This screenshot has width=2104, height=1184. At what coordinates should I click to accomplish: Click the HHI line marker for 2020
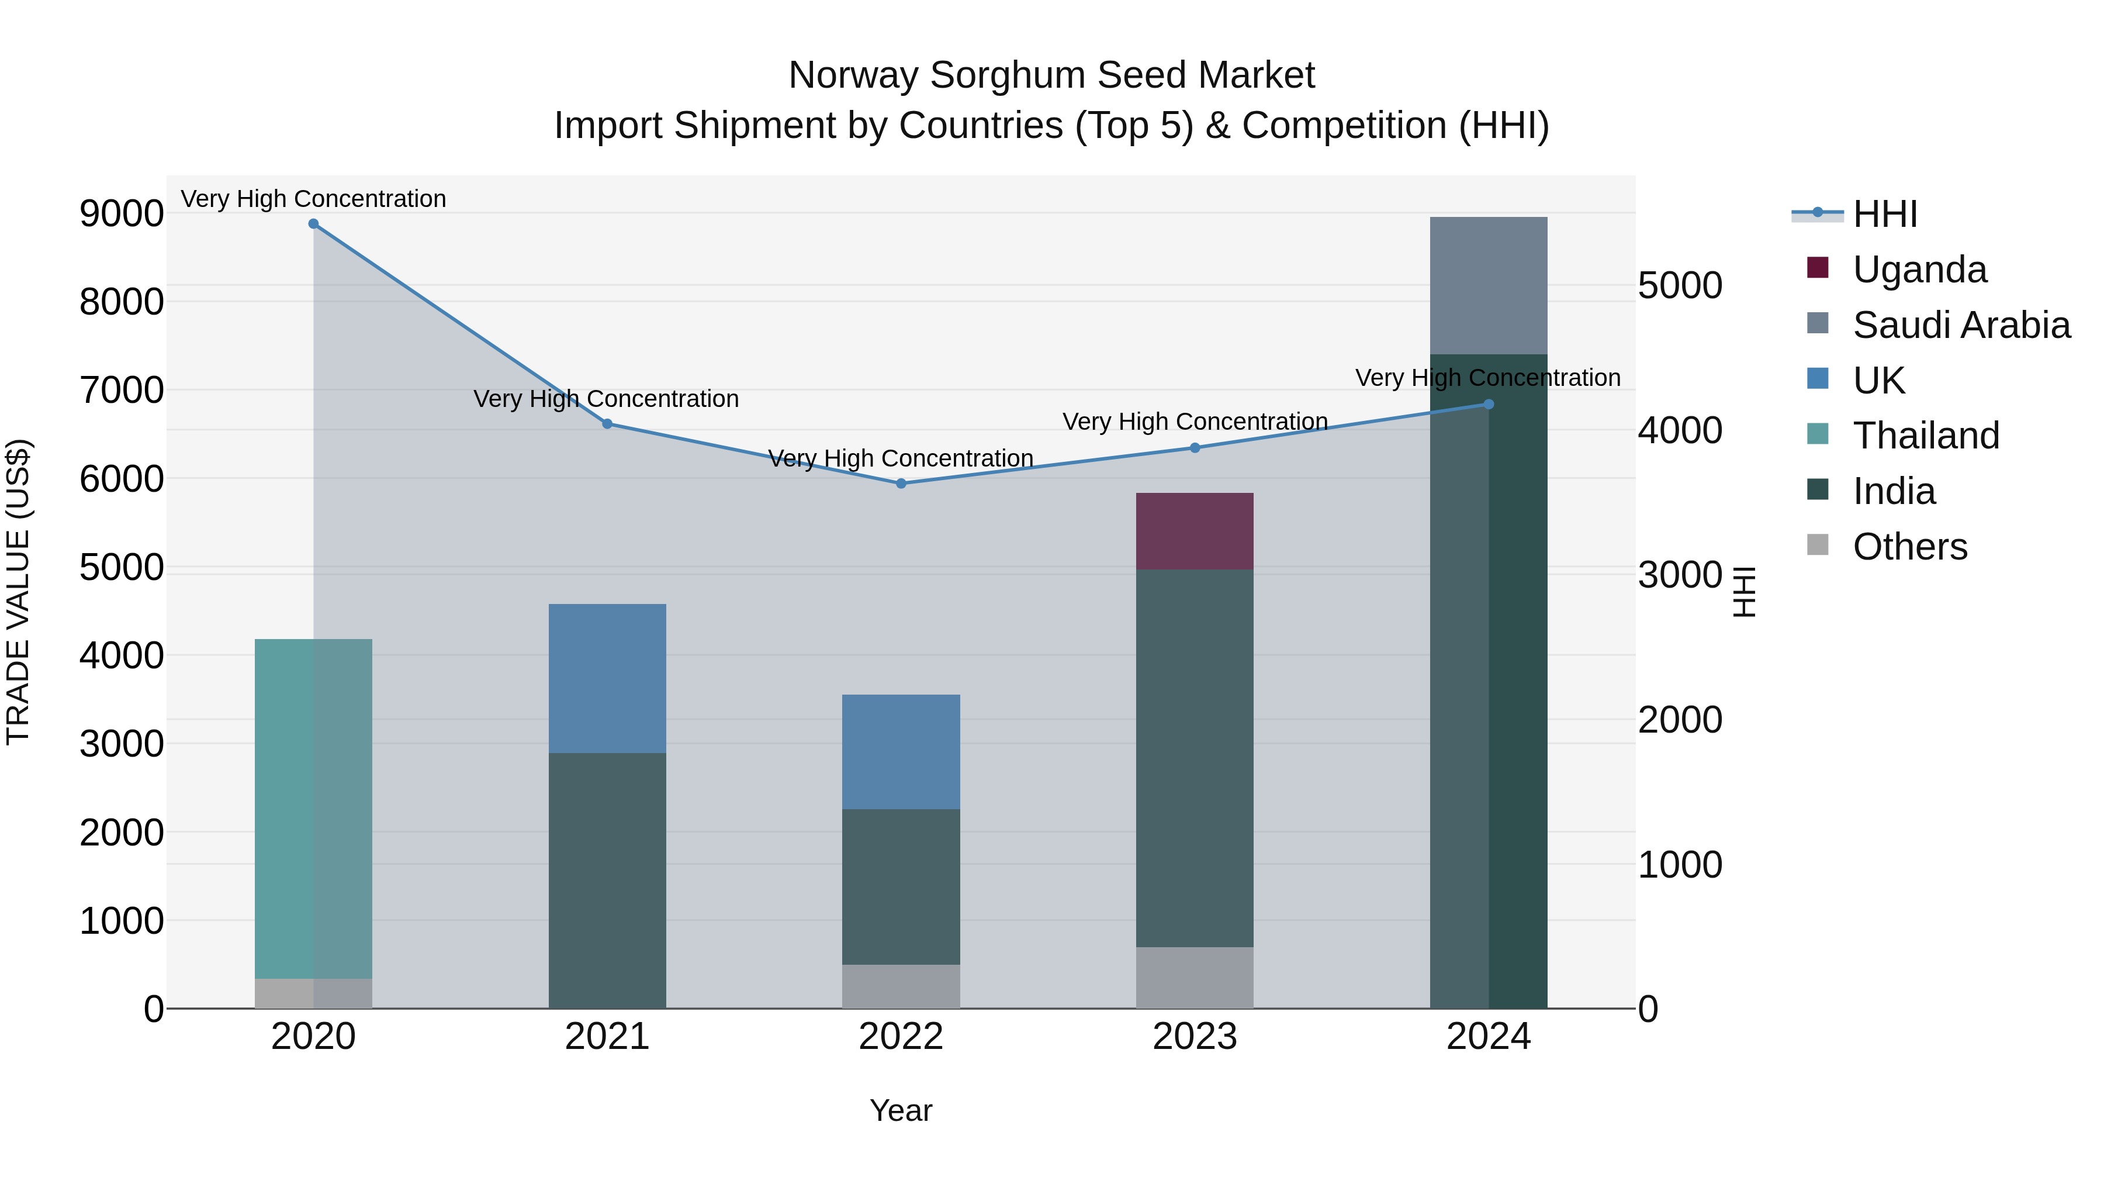[314, 224]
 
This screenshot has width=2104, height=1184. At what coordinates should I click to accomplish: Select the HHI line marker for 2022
[901, 484]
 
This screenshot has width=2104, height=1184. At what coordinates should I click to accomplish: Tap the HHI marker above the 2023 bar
[1195, 448]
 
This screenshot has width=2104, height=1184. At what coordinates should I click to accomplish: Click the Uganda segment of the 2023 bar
[1195, 531]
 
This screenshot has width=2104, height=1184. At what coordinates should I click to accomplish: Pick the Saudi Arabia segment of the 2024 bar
[1488, 285]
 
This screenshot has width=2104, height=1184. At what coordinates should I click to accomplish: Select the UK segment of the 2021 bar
[607, 678]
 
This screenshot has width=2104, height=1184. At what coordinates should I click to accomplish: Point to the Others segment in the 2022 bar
[901, 986]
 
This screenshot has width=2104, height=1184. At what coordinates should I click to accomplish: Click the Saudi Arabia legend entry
[1961, 325]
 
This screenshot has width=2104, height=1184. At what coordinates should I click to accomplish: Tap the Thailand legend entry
[1926, 436]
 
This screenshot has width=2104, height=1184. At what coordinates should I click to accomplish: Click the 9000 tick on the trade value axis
[121, 213]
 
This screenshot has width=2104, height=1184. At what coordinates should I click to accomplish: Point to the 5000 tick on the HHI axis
[1680, 285]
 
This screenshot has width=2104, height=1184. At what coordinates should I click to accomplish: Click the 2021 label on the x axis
[607, 1037]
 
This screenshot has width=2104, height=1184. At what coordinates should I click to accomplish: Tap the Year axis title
[901, 1110]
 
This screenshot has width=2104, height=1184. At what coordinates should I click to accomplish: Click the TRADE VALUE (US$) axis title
[18, 592]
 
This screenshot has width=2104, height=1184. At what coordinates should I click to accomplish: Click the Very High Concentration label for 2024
[1487, 378]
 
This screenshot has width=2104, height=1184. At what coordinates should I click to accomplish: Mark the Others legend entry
[1909, 547]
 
